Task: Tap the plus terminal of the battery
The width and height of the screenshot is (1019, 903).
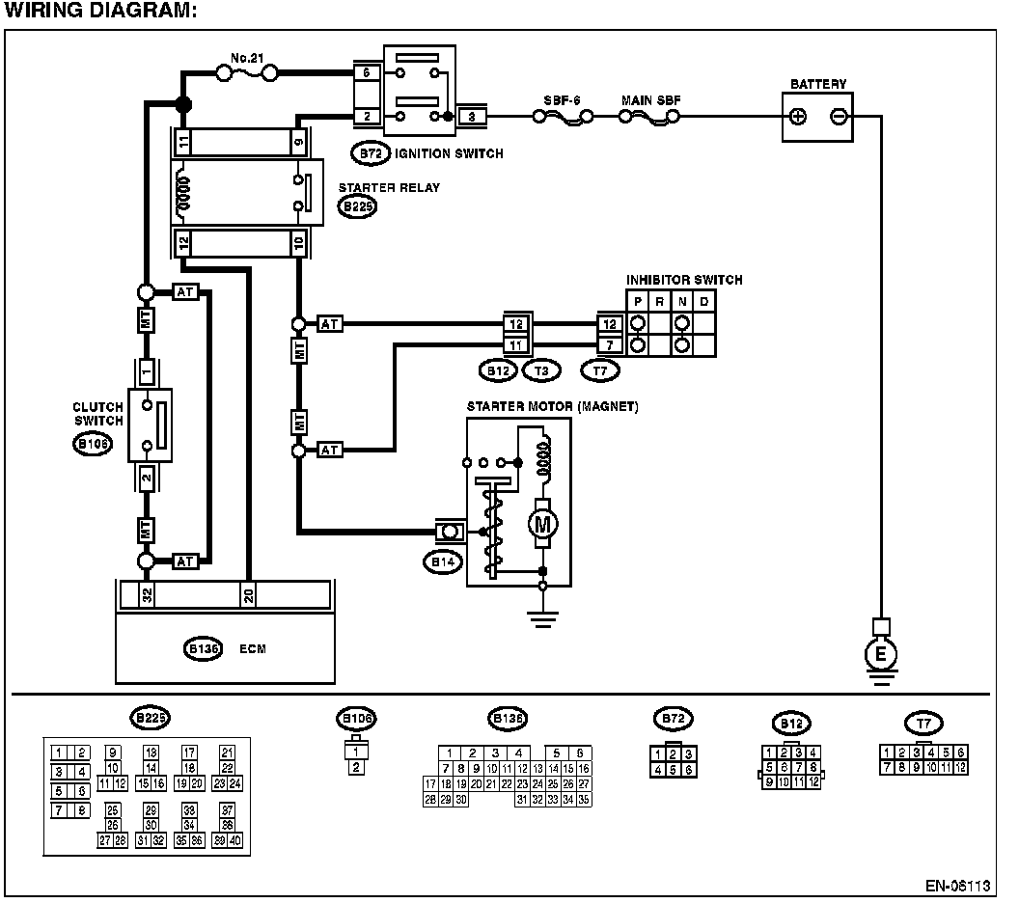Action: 798,117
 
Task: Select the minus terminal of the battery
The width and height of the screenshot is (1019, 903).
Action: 838,117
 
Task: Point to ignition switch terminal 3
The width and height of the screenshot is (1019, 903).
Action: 471,117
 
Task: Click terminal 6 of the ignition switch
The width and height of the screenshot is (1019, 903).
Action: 366,72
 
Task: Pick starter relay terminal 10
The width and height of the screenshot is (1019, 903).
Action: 298,242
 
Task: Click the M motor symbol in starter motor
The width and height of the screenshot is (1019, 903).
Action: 542,524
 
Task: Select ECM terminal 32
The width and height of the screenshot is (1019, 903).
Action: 147,594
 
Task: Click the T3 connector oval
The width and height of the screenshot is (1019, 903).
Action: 540,369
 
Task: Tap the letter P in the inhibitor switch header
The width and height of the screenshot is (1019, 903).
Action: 638,301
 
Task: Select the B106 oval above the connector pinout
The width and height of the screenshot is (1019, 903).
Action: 357,718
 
